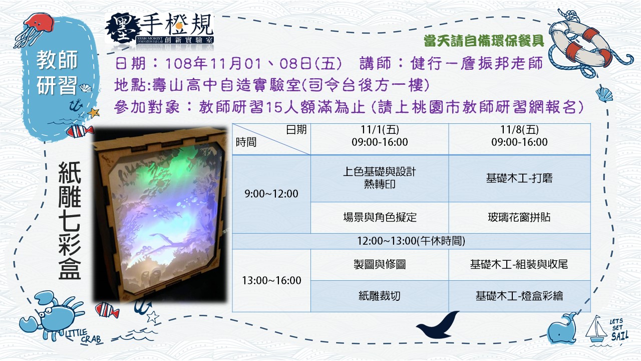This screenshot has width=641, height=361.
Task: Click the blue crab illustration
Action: [53, 315]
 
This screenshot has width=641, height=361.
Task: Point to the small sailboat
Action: [596, 329]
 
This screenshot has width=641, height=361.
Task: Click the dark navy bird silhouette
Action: [438, 325]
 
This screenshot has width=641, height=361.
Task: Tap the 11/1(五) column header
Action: [380, 136]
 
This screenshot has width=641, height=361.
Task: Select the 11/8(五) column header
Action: [519, 136]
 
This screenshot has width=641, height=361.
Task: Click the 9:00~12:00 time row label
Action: [271, 194]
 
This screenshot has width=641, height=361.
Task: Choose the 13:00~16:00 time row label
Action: [271, 280]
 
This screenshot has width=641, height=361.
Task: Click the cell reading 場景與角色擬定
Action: [380, 218]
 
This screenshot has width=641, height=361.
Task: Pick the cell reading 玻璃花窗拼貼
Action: [519, 218]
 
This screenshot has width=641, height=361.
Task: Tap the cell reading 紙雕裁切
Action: [380, 296]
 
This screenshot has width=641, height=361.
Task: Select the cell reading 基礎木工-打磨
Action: [519, 178]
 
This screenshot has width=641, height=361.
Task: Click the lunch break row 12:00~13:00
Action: [411, 241]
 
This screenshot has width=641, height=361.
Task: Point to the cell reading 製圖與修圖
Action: [380, 264]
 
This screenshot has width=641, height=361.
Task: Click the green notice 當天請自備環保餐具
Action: [484, 41]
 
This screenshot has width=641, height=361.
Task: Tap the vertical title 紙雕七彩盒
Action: [70, 221]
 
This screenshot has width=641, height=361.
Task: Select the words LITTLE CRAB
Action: [84, 336]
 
